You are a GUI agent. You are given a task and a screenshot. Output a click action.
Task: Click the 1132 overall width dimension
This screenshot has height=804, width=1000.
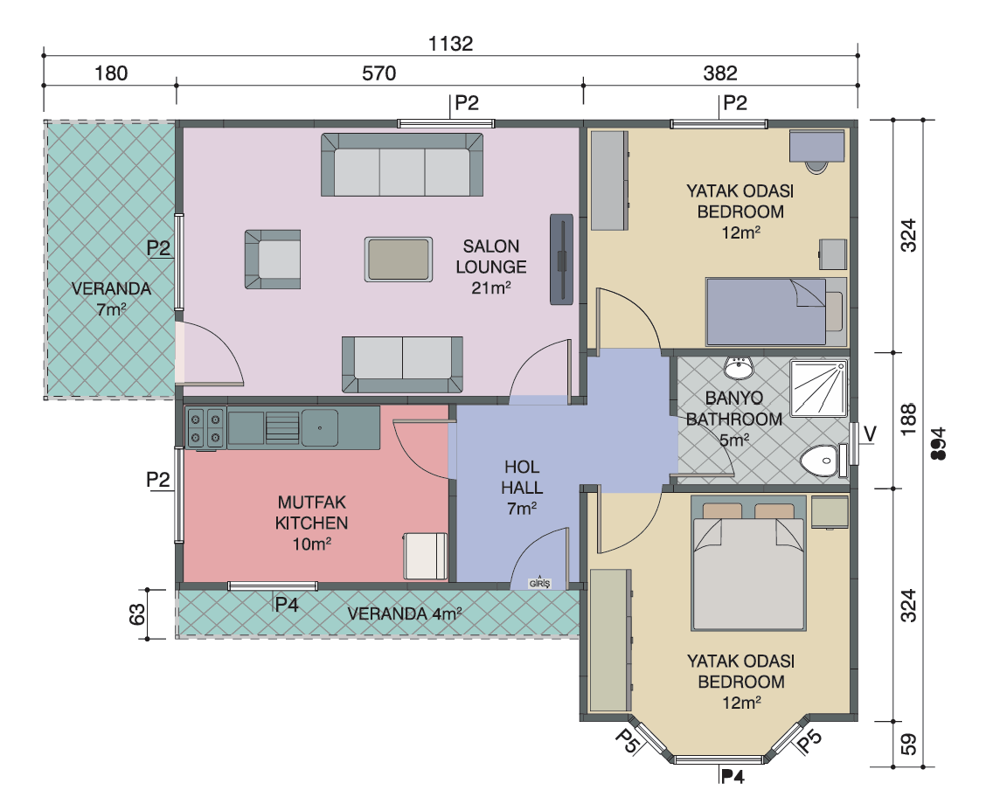point(450,44)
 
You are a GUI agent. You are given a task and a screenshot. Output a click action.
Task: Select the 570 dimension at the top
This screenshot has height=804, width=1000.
point(378,73)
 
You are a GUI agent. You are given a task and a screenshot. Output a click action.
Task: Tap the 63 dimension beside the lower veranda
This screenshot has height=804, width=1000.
point(137,614)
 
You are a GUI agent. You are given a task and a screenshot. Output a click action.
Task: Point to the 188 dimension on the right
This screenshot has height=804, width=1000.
point(908,419)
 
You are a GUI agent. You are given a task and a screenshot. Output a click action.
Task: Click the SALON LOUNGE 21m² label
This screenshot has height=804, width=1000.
point(491,267)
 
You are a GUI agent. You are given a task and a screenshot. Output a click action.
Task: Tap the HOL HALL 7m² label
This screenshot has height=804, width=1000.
point(522,488)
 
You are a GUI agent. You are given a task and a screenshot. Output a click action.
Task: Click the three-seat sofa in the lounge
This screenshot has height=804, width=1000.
point(402,164)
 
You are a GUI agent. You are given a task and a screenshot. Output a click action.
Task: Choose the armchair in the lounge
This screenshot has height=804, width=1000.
point(273,260)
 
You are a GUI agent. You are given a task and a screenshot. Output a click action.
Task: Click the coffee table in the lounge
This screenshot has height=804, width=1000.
point(399,260)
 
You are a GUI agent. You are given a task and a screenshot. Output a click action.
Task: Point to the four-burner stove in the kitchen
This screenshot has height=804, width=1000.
point(205,428)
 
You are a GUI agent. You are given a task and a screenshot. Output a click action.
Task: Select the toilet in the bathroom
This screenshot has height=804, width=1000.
point(823,461)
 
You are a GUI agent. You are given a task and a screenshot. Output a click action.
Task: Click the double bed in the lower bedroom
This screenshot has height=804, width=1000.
point(748,564)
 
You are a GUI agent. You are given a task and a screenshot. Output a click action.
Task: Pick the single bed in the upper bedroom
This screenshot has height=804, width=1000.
point(775,312)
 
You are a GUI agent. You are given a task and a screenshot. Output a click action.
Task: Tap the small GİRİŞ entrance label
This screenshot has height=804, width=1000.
point(539,584)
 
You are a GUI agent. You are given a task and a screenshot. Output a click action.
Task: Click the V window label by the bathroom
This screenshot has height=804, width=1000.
point(870,434)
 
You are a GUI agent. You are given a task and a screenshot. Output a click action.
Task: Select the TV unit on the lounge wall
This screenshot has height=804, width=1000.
point(561,260)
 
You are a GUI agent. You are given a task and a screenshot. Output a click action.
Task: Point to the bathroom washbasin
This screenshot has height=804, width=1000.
point(739,367)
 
